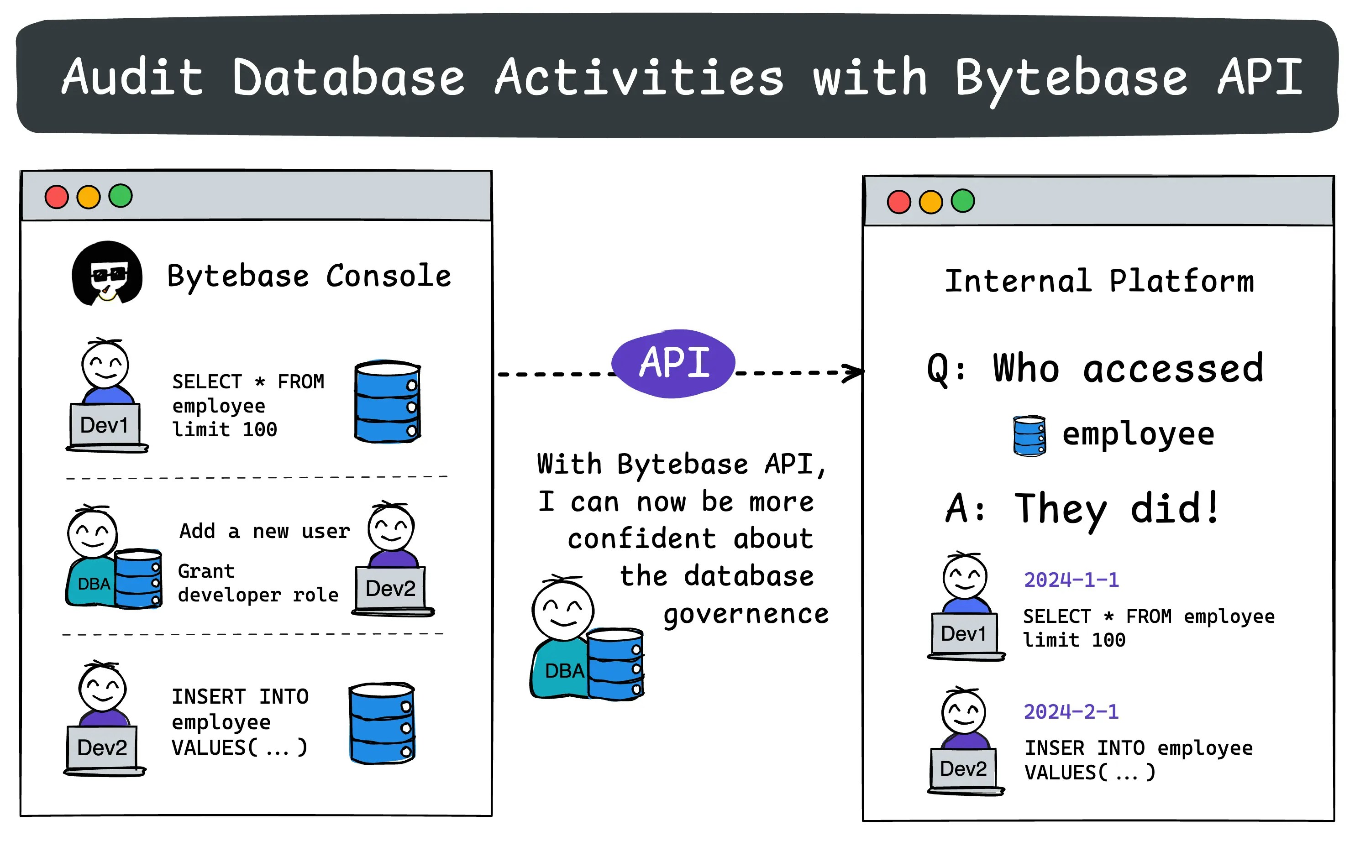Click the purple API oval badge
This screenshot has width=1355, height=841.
pyautogui.click(x=673, y=363)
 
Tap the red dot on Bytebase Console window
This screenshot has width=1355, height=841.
pyautogui.click(x=56, y=197)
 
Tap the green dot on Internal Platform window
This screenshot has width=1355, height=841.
pyautogui.click(x=963, y=201)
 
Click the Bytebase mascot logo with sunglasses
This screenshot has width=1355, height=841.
pyautogui.click(x=107, y=274)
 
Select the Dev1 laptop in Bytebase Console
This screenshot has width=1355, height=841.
pyautogui.click(x=105, y=425)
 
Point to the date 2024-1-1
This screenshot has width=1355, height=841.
pyautogui.click(x=1071, y=580)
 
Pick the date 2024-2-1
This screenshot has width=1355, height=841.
pyautogui.click(x=1071, y=712)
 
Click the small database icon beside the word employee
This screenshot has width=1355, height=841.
pyautogui.click(x=1029, y=436)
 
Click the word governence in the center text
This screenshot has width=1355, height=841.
pyautogui.click(x=746, y=615)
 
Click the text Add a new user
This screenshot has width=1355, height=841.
pyautogui.click(x=264, y=531)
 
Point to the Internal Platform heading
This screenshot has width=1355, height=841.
pyautogui.click(x=1099, y=281)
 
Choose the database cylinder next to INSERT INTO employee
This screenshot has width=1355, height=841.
pyautogui.click(x=382, y=723)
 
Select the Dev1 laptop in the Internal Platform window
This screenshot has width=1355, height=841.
pyautogui.click(x=964, y=635)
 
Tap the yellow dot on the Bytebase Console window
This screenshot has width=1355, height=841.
pyautogui.click(x=89, y=197)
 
